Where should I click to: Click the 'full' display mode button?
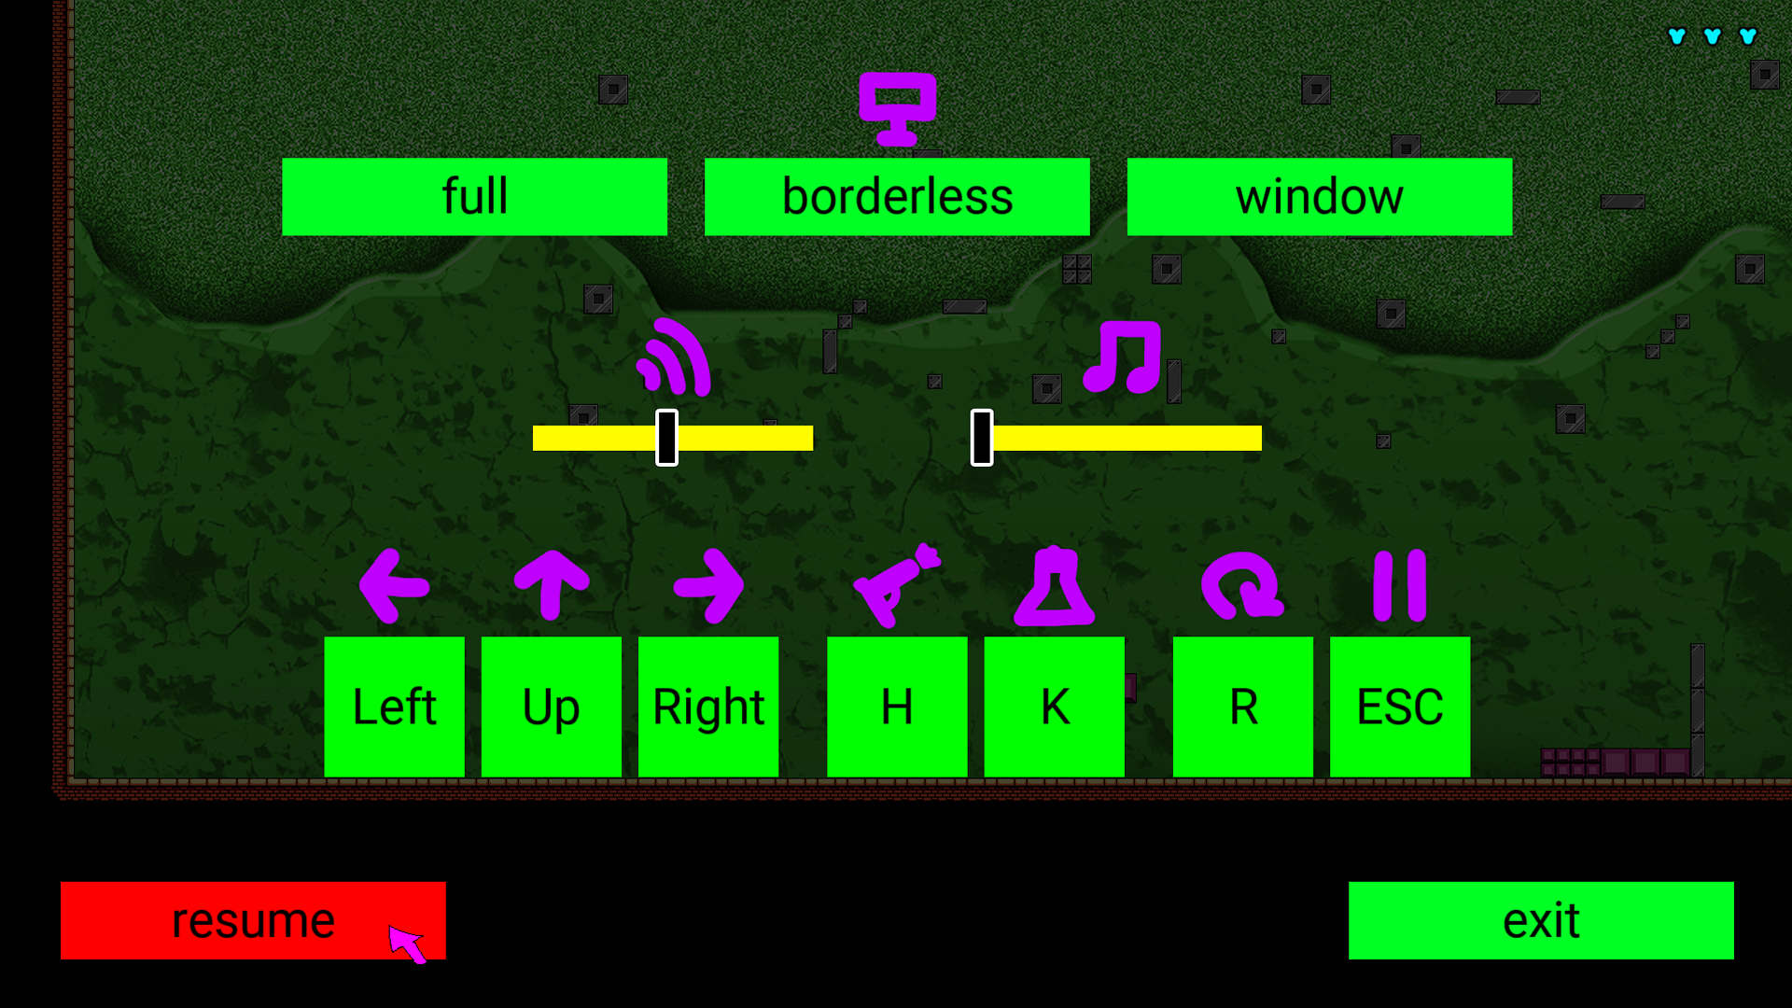point(474,196)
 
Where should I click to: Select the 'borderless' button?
point(897,196)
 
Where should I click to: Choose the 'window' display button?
point(1320,196)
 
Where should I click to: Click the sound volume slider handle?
point(666,438)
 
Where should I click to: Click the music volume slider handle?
point(982,438)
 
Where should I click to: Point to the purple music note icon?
point(1123,357)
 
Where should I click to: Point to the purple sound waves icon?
point(674,357)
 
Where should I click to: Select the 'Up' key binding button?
point(552,707)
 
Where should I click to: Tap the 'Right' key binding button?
point(708,707)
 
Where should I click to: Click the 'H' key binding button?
point(897,707)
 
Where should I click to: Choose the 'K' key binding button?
point(1055,707)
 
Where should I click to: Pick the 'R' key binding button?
point(1243,707)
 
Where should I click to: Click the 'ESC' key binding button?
point(1400,707)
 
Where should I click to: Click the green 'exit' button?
point(1541,920)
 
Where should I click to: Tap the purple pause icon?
point(1400,586)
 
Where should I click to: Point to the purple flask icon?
point(1055,586)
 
